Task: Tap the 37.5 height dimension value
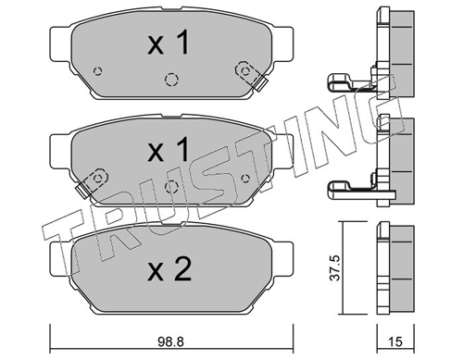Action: [x=335, y=267]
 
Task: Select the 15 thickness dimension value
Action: [x=395, y=341]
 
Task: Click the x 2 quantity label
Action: [x=169, y=269]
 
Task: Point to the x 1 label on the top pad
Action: [x=169, y=43]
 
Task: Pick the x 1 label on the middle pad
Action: [x=169, y=150]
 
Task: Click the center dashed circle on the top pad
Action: [x=171, y=80]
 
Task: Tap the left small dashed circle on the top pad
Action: [x=98, y=71]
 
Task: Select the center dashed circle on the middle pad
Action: [x=171, y=187]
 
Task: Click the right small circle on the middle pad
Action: [x=245, y=179]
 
